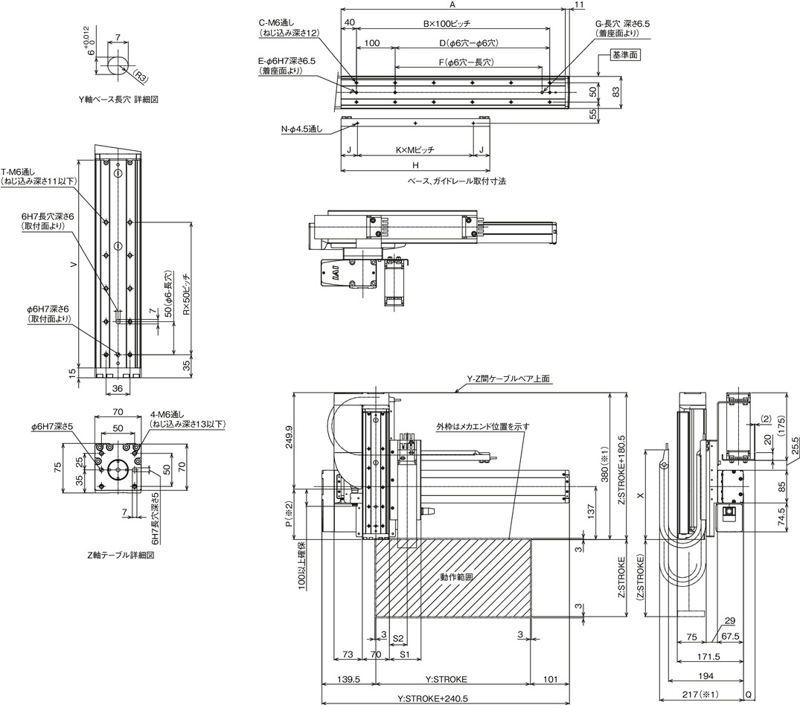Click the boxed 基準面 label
[626, 55]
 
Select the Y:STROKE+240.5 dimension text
[432, 699]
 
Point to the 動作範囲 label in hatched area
[457, 577]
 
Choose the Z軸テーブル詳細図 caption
[121, 555]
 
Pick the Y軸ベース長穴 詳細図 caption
[118, 100]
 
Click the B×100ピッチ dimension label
[447, 24]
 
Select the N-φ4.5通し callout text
[301, 129]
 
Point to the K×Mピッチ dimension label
[415, 150]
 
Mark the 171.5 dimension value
[708, 657]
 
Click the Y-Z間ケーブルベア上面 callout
[508, 379]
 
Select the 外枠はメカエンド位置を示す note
[482, 426]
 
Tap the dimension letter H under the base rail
[415, 165]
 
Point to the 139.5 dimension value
[349, 679]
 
